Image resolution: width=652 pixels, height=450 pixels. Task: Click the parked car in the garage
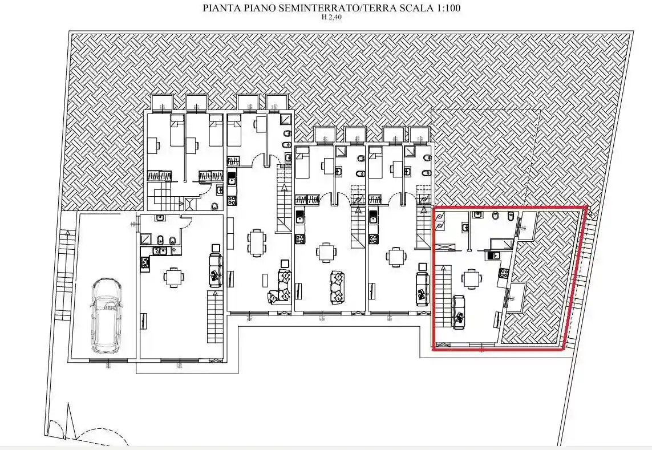(106, 315)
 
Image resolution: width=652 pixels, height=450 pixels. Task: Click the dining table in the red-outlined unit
(472, 278)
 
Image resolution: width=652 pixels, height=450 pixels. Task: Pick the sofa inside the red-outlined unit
(459, 311)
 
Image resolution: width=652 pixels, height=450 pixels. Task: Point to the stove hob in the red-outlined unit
(504, 273)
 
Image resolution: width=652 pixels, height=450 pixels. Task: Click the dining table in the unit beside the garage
(174, 277)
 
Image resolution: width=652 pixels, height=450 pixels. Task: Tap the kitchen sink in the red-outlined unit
(494, 256)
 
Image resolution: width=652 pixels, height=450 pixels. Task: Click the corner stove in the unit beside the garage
(144, 262)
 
